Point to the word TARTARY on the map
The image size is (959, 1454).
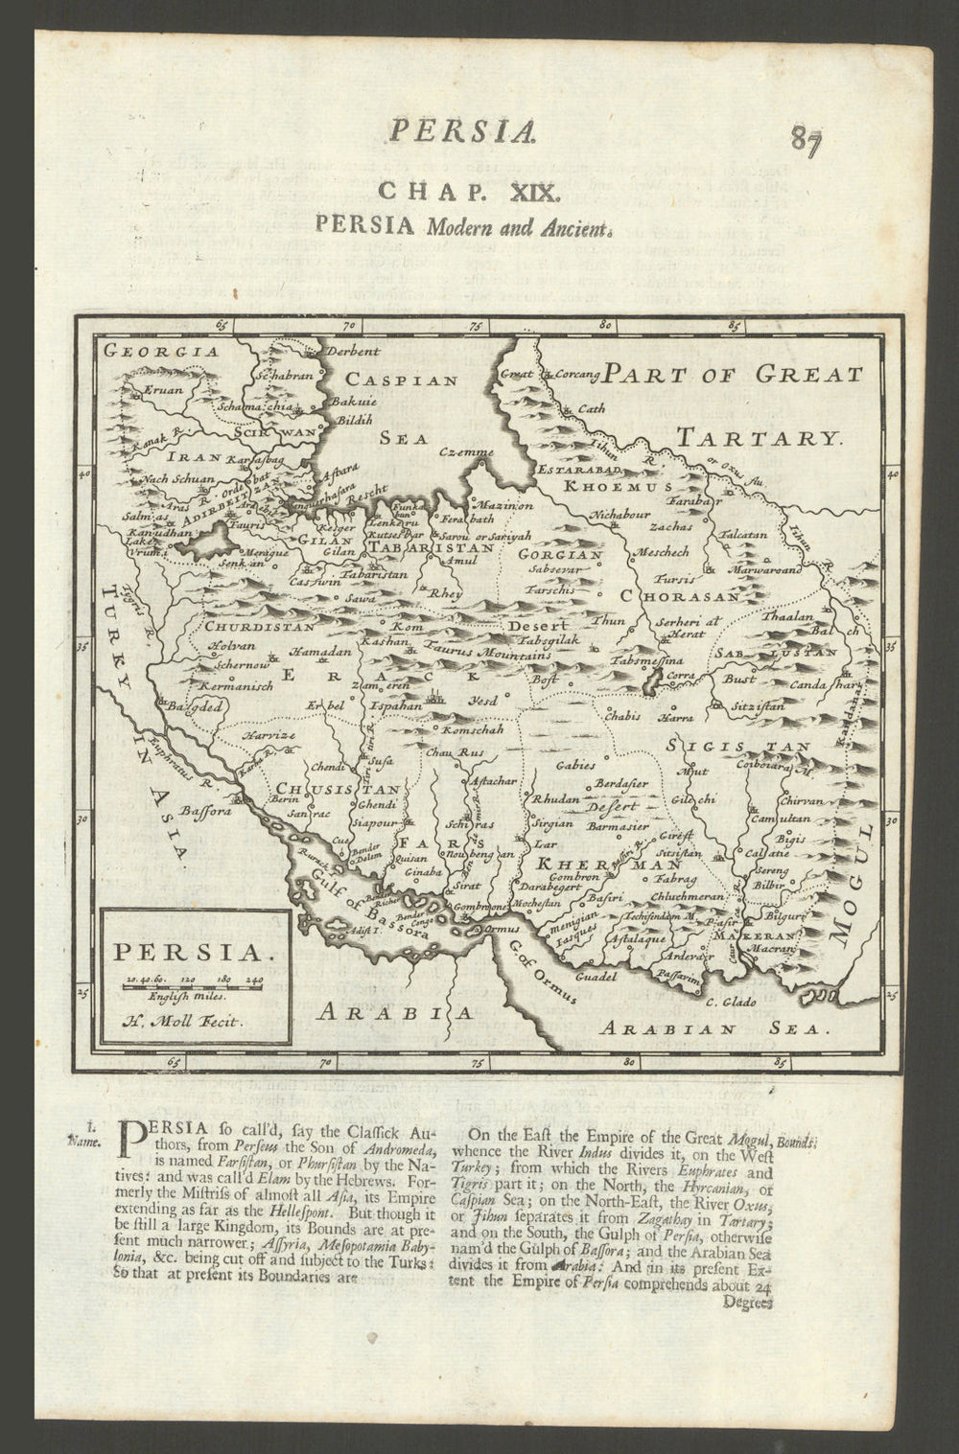click(x=758, y=439)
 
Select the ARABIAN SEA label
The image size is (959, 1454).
click(x=710, y=1029)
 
